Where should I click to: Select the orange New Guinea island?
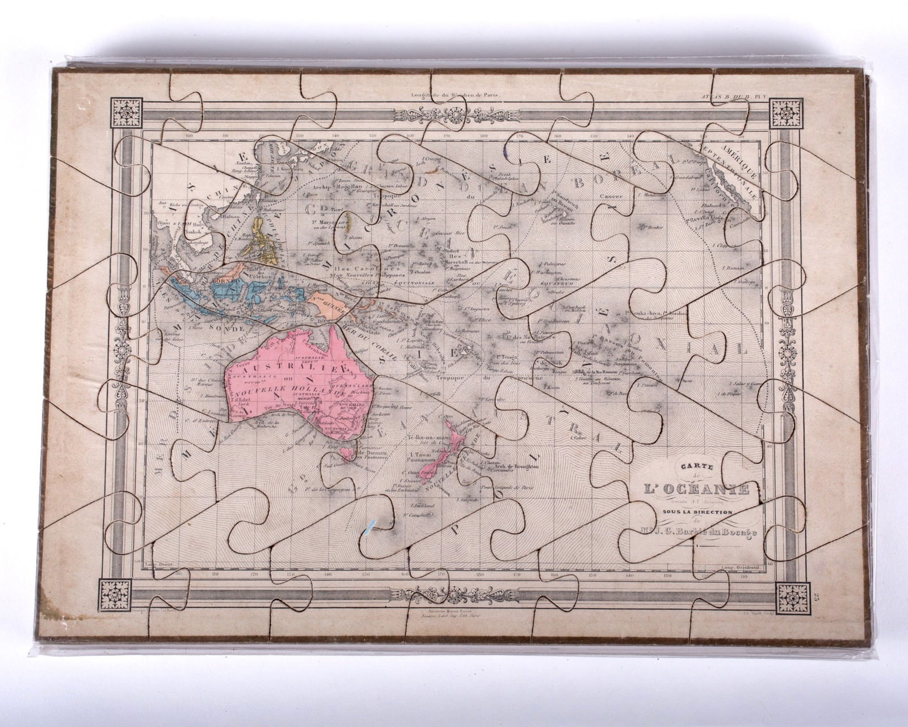[x=335, y=306]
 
